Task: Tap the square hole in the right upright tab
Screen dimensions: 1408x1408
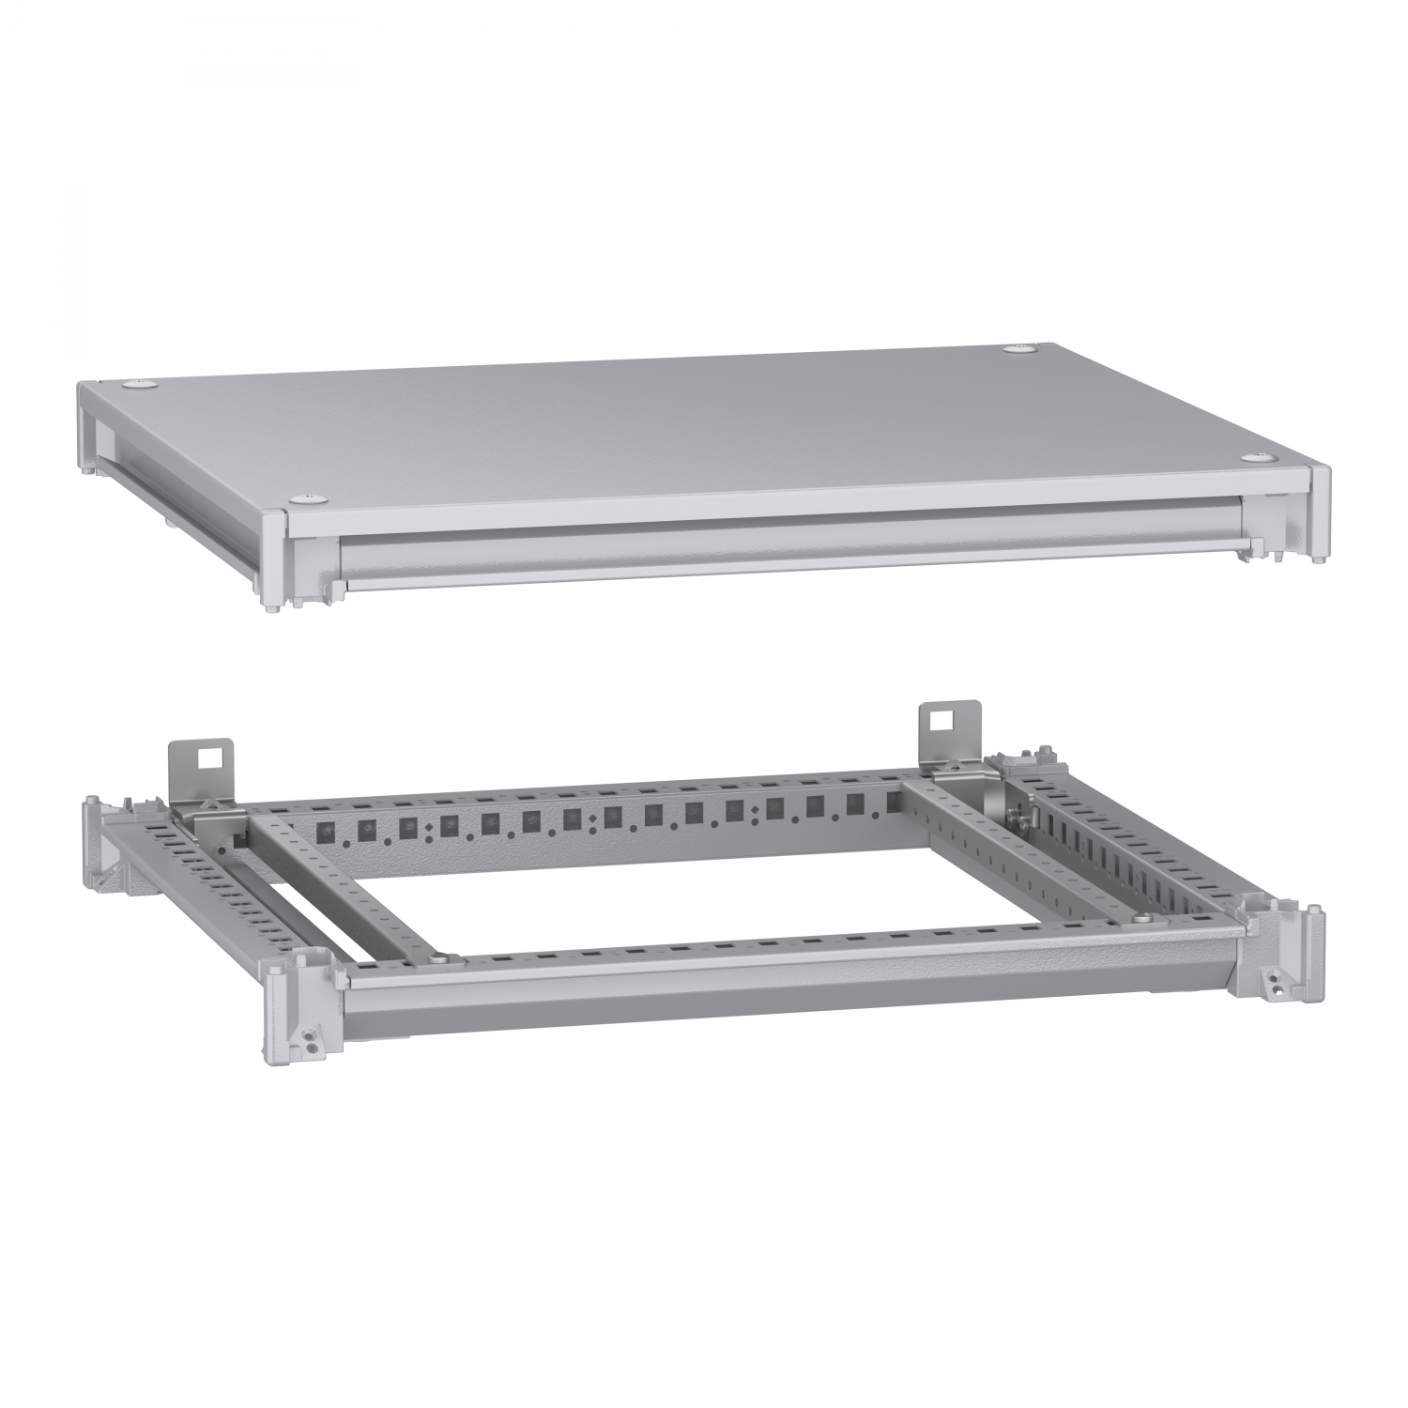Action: click(x=937, y=720)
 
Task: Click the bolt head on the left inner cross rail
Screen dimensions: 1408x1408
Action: click(x=440, y=959)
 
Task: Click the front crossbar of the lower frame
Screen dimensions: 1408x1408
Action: click(x=788, y=995)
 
